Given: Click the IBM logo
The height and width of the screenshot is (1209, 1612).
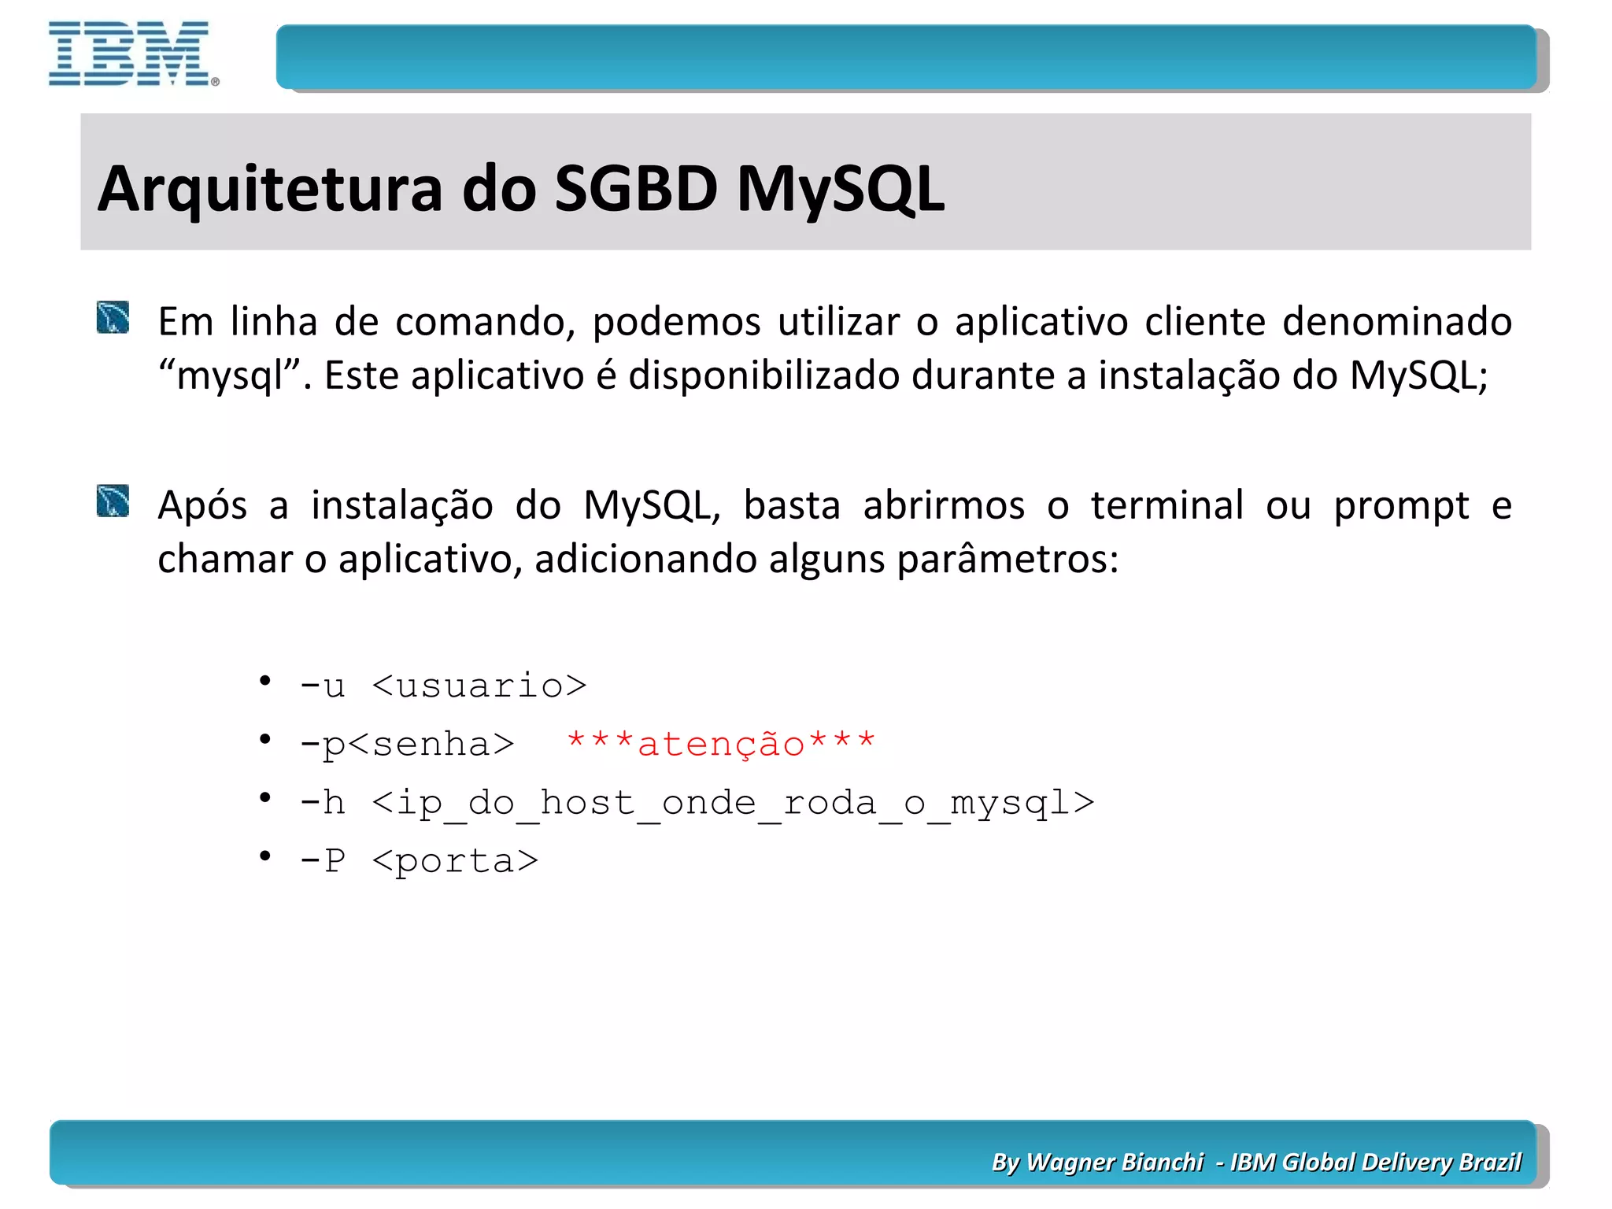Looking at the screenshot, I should click(131, 54).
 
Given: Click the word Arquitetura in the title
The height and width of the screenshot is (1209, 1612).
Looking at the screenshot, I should click(270, 189).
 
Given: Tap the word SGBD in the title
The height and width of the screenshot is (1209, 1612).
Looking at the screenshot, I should click(636, 189).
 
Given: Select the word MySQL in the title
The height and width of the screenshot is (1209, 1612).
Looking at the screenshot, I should click(840, 189).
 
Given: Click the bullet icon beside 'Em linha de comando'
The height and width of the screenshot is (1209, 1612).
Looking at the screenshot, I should click(113, 318).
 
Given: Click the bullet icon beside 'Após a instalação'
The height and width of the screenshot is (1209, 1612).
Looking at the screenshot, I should click(113, 501).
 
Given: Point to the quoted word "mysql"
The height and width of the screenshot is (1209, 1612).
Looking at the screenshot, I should click(230, 376).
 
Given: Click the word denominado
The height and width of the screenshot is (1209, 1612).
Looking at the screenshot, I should click(1396, 322).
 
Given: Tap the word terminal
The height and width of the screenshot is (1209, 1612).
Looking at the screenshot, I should click(1166, 505).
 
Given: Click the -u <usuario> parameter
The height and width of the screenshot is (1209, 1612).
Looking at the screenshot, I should click(443, 686).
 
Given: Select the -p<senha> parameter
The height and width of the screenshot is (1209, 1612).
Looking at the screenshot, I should click(407, 744).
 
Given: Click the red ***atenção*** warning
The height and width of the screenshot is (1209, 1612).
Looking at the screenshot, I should click(720, 744).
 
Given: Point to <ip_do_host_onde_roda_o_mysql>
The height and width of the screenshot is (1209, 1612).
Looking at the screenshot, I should click(733, 803).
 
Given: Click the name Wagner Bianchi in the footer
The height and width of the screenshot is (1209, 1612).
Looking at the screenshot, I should click(1114, 1162).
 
